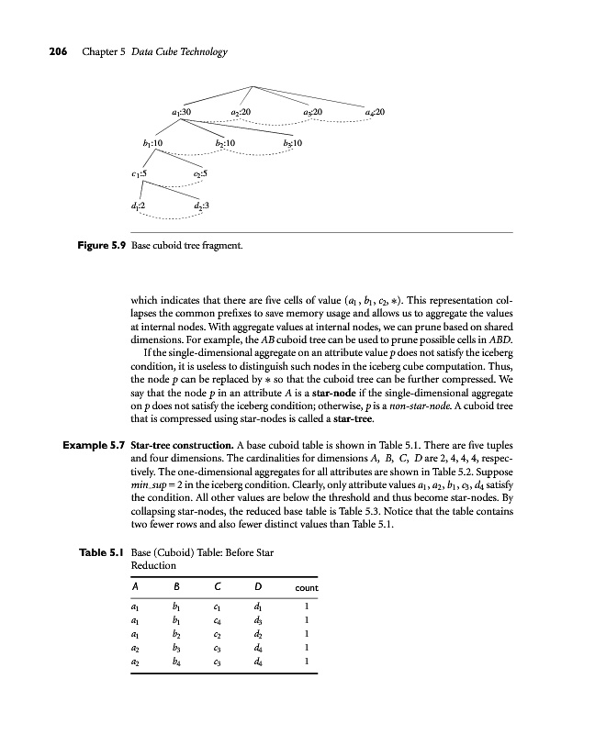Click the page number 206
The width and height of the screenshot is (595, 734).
click(x=36, y=51)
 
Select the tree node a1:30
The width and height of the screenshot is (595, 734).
click(x=181, y=112)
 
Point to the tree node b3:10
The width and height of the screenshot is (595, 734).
click(x=279, y=144)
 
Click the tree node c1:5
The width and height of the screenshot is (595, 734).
click(x=139, y=172)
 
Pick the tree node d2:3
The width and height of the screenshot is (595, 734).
click(x=201, y=206)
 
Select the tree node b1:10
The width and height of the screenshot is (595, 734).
click(x=152, y=144)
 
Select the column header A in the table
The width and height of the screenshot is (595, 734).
click(x=135, y=586)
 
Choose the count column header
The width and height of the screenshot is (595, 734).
click(x=306, y=587)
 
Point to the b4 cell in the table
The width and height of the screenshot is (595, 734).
click(x=176, y=660)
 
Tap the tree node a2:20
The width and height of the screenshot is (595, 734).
click(x=241, y=112)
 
